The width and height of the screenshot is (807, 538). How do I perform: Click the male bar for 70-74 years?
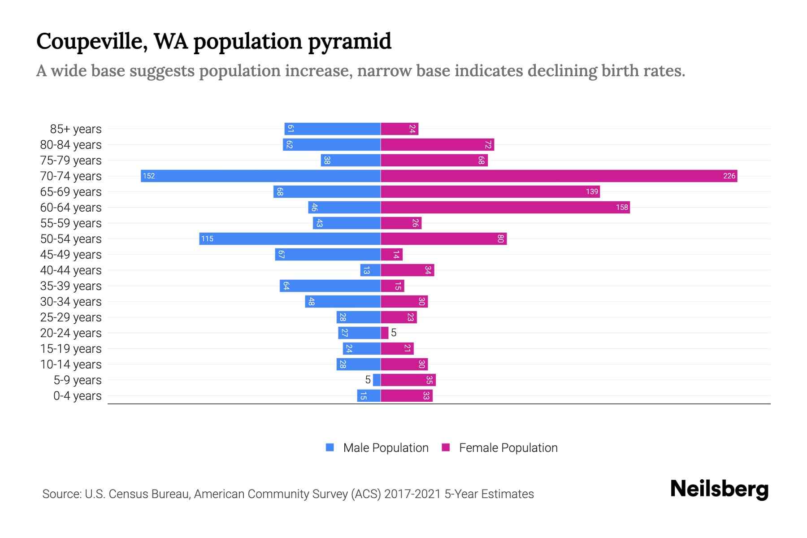[x=260, y=176]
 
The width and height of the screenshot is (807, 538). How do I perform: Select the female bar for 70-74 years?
[x=559, y=176]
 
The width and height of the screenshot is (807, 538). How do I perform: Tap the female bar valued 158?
[x=505, y=207]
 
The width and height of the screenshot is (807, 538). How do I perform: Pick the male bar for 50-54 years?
[x=290, y=239]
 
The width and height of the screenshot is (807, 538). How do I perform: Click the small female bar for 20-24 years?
[x=384, y=333]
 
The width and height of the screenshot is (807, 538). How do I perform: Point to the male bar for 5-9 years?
[x=377, y=380]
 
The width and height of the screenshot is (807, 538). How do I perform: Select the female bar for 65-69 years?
[x=490, y=191]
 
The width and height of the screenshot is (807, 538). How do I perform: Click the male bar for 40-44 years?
[x=370, y=270]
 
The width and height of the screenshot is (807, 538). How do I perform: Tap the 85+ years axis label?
[x=76, y=129]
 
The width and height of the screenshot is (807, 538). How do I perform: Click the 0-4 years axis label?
[x=77, y=396]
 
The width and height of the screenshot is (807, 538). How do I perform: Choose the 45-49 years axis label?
[x=71, y=255]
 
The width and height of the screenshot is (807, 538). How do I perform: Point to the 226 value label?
[x=729, y=176]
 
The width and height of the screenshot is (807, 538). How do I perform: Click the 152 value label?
[x=149, y=176]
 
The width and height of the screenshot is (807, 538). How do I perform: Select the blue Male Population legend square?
[x=330, y=447]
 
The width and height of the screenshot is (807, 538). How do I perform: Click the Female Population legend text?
[x=508, y=447]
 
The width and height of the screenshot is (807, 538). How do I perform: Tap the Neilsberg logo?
[x=719, y=489]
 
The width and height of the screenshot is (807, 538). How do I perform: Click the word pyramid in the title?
[x=350, y=42]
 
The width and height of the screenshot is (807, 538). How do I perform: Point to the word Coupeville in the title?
[x=92, y=42]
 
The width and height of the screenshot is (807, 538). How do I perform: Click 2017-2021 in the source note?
[x=412, y=494]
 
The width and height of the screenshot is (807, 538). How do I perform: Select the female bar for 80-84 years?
[x=437, y=144]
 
